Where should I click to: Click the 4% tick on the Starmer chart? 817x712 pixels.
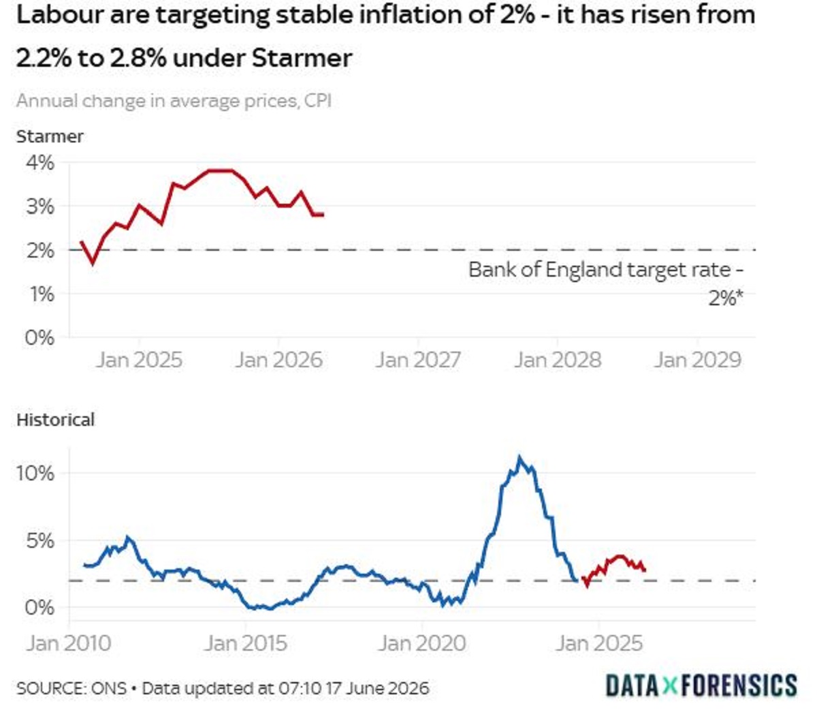pyautogui.click(x=39, y=163)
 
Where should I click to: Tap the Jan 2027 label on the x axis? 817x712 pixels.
pyautogui.click(x=417, y=360)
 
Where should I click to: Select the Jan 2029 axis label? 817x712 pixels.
pyautogui.click(x=697, y=360)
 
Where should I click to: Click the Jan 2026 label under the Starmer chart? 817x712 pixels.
pyautogui.click(x=278, y=360)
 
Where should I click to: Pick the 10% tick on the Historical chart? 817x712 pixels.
pyautogui.click(x=35, y=474)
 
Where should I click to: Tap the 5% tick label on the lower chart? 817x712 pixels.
pyautogui.click(x=39, y=541)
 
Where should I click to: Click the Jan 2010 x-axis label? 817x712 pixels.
pyautogui.click(x=69, y=643)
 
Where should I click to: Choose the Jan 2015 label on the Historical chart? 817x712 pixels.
pyautogui.click(x=245, y=643)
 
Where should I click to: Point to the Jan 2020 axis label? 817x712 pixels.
pyautogui.click(x=422, y=643)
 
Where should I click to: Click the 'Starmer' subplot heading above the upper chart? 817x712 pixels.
pyautogui.click(x=50, y=137)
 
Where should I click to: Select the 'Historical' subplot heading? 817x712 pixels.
pyautogui.click(x=56, y=420)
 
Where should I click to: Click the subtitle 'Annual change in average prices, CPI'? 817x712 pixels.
pyautogui.click(x=174, y=101)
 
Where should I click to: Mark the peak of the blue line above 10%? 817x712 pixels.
pyautogui.click(x=519, y=456)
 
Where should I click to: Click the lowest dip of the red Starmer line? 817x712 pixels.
pyautogui.click(x=93, y=264)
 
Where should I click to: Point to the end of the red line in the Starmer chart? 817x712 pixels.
pyautogui.click(x=323, y=215)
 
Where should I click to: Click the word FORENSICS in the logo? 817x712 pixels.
pyautogui.click(x=739, y=685)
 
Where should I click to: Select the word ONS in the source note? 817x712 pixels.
pyautogui.click(x=109, y=688)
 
